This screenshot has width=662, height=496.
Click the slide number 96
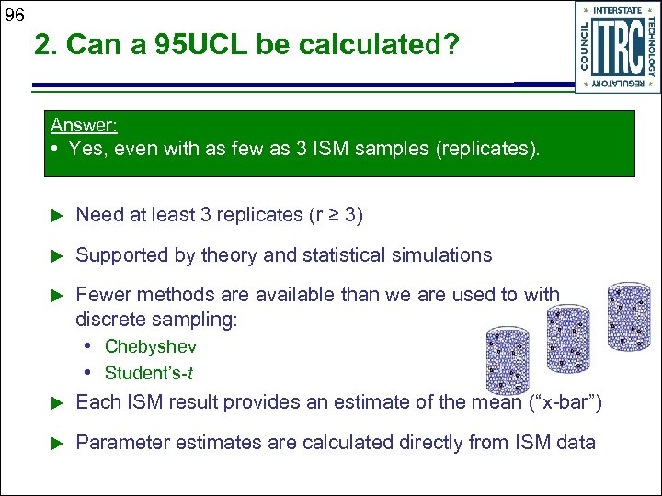(x=14, y=15)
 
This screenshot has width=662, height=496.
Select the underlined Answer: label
(x=84, y=125)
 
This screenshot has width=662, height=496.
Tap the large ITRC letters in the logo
(x=617, y=47)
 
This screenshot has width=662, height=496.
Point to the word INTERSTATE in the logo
(x=617, y=11)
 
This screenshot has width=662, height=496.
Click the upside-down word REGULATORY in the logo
(x=618, y=83)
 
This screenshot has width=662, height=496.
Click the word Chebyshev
(x=150, y=346)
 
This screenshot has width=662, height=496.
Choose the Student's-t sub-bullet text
(x=149, y=373)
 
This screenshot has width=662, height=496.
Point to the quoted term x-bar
(x=560, y=401)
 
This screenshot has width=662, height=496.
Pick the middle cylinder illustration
(x=568, y=339)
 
